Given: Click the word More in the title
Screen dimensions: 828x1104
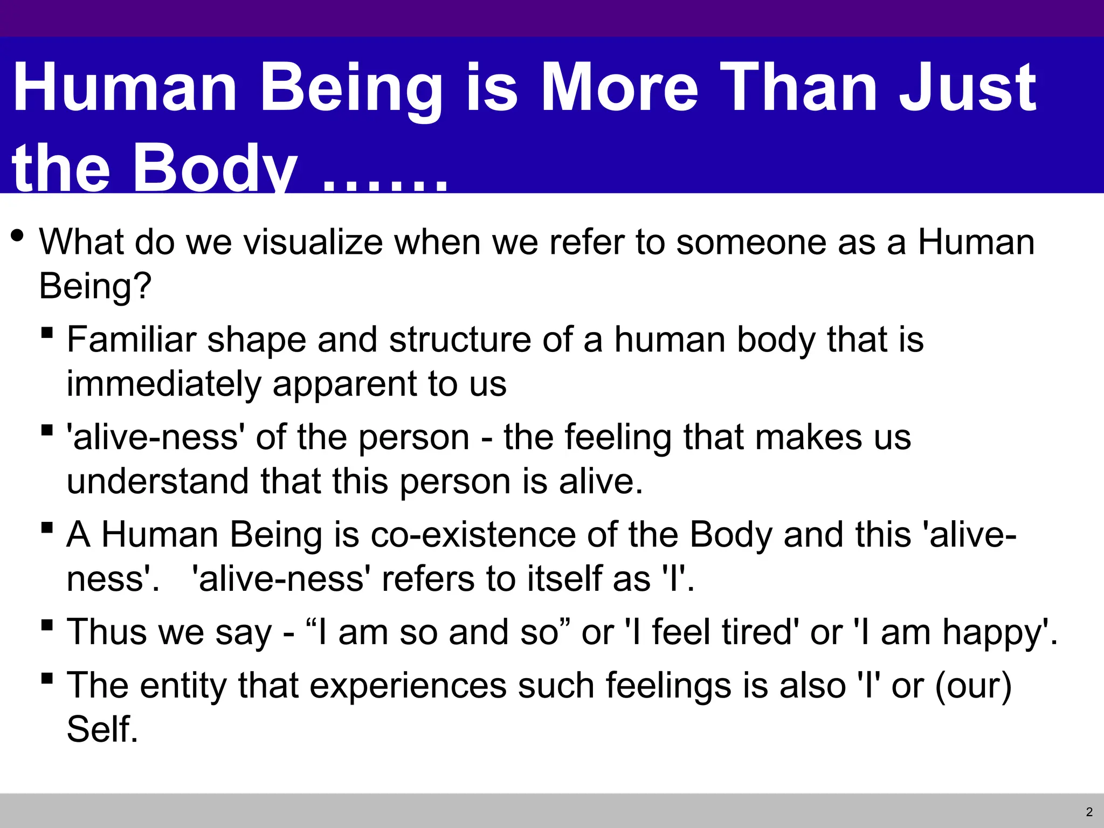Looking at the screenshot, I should (x=619, y=87).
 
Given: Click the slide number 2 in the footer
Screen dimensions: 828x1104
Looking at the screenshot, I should (x=1089, y=812).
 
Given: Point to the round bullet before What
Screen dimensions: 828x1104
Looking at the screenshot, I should (x=17, y=236).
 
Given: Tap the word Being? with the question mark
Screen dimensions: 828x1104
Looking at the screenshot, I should (x=95, y=286).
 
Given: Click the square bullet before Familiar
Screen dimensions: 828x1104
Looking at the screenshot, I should (x=47, y=333).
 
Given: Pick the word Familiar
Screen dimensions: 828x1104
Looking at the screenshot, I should (x=131, y=340).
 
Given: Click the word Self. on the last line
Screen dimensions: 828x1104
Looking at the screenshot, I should (x=102, y=730).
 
